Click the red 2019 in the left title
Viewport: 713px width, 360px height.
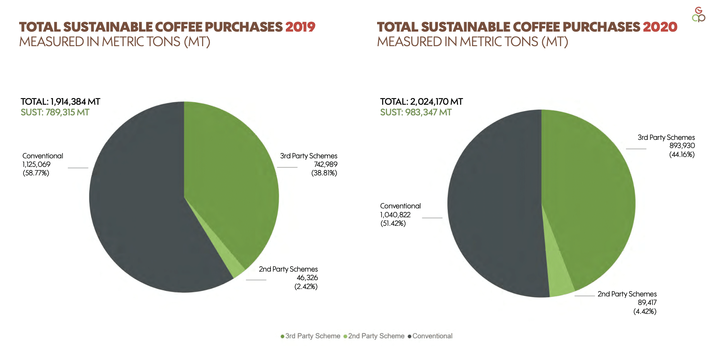(300, 27)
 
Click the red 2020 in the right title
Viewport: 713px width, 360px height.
(660, 27)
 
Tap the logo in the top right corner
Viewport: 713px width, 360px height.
(698, 15)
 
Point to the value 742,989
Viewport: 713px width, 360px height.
(325, 164)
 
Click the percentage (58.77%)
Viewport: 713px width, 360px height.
(36, 173)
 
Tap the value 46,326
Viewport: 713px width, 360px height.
(307, 278)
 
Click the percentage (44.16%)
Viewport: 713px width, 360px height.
(682, 154)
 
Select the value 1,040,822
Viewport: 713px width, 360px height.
(395, 215)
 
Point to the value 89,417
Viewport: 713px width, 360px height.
(647, 302)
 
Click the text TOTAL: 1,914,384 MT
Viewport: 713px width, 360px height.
(60, 102)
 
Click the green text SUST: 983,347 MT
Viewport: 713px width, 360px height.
(416, 113)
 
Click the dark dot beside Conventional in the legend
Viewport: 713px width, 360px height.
(409, 336)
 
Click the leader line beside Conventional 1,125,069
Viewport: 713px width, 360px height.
(78, 168)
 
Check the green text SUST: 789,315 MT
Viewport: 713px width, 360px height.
(55, 113)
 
